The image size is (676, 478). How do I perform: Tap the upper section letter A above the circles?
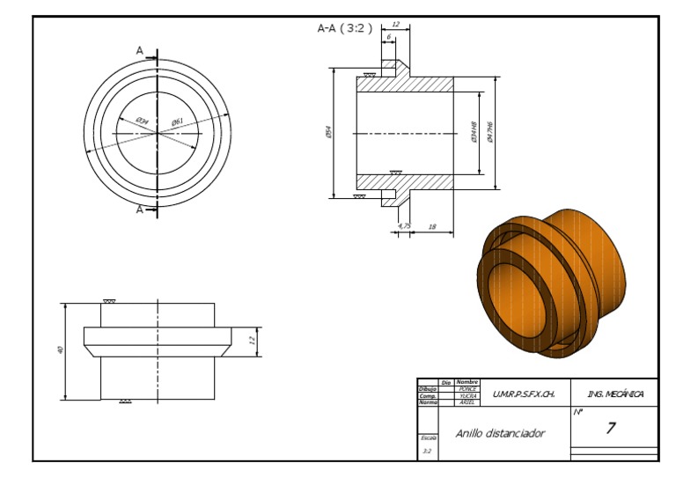point(139,51)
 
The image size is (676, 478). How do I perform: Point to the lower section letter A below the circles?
point(139,210)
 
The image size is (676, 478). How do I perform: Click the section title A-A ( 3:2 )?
point(344,28)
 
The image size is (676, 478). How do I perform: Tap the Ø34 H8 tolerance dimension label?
point(476,132)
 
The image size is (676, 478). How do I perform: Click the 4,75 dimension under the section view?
point(404,226)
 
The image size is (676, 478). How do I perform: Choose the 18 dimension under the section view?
point(431,226)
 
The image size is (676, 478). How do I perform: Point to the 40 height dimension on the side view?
point(61,349)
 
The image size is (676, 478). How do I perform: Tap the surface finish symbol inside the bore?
point(395,173)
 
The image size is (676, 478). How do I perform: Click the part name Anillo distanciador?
point(500,433)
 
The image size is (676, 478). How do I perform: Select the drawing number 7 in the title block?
point(610,429)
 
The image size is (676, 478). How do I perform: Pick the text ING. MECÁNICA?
point(614,393)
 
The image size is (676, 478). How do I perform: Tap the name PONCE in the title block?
point(467,388)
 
